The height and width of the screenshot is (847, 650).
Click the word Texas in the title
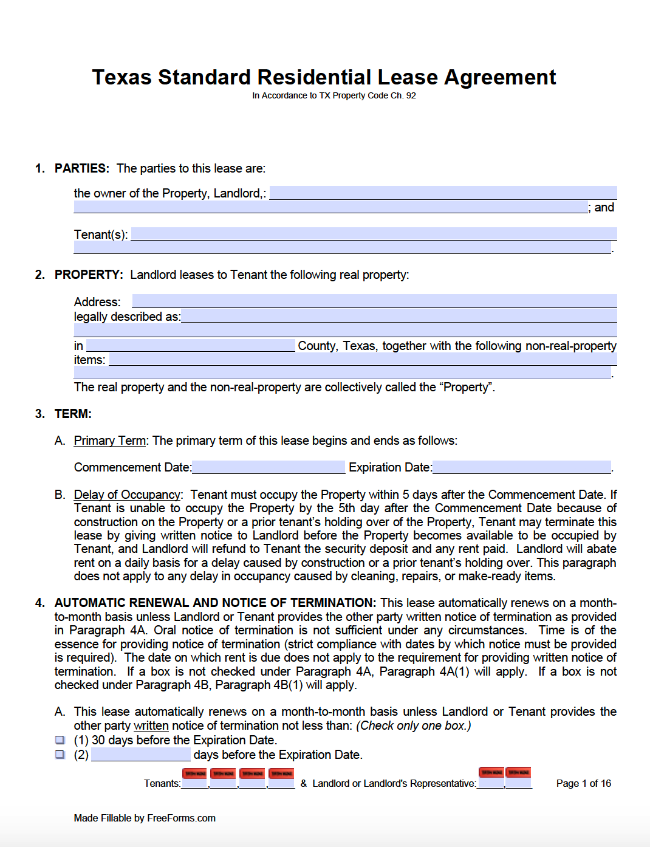click(x=121, y=77)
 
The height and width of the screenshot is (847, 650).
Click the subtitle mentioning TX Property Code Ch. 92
click(x=334, y=95)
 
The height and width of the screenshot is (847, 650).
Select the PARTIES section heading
click(x=81, y=168)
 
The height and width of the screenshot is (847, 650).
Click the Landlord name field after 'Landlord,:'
click(x=443, y=193)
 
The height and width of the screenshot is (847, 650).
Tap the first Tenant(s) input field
click(x=374, y=234)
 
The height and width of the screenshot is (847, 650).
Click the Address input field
click(x=374, y=301)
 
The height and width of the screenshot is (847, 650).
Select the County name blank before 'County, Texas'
click(x=190, y=345)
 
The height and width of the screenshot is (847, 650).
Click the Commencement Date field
click(x=268, y=467)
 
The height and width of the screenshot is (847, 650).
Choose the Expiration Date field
click(x=521, y=467)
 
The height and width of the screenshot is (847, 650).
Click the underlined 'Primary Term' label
click(x=109, y=441)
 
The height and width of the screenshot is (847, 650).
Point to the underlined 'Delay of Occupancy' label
click(x=127, y=495)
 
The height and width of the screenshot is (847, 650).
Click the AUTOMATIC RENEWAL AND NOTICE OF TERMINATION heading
click(x=215, y=603)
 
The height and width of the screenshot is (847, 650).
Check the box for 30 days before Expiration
click(x=60, y=740)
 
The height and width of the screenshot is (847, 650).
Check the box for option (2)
click(x=60, y=755)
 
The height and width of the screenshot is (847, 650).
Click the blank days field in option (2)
click(x=140, y=755)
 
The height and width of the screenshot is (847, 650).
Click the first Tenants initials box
click(x=194, y=783)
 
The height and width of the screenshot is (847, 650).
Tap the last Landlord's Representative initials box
click(x=519, y=783)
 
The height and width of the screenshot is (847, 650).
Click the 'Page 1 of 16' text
click(x=583, y=783)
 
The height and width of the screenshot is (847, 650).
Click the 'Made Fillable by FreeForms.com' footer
click(x=145, y=818)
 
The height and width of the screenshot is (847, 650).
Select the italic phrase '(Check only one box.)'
click(x=413, y=725)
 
